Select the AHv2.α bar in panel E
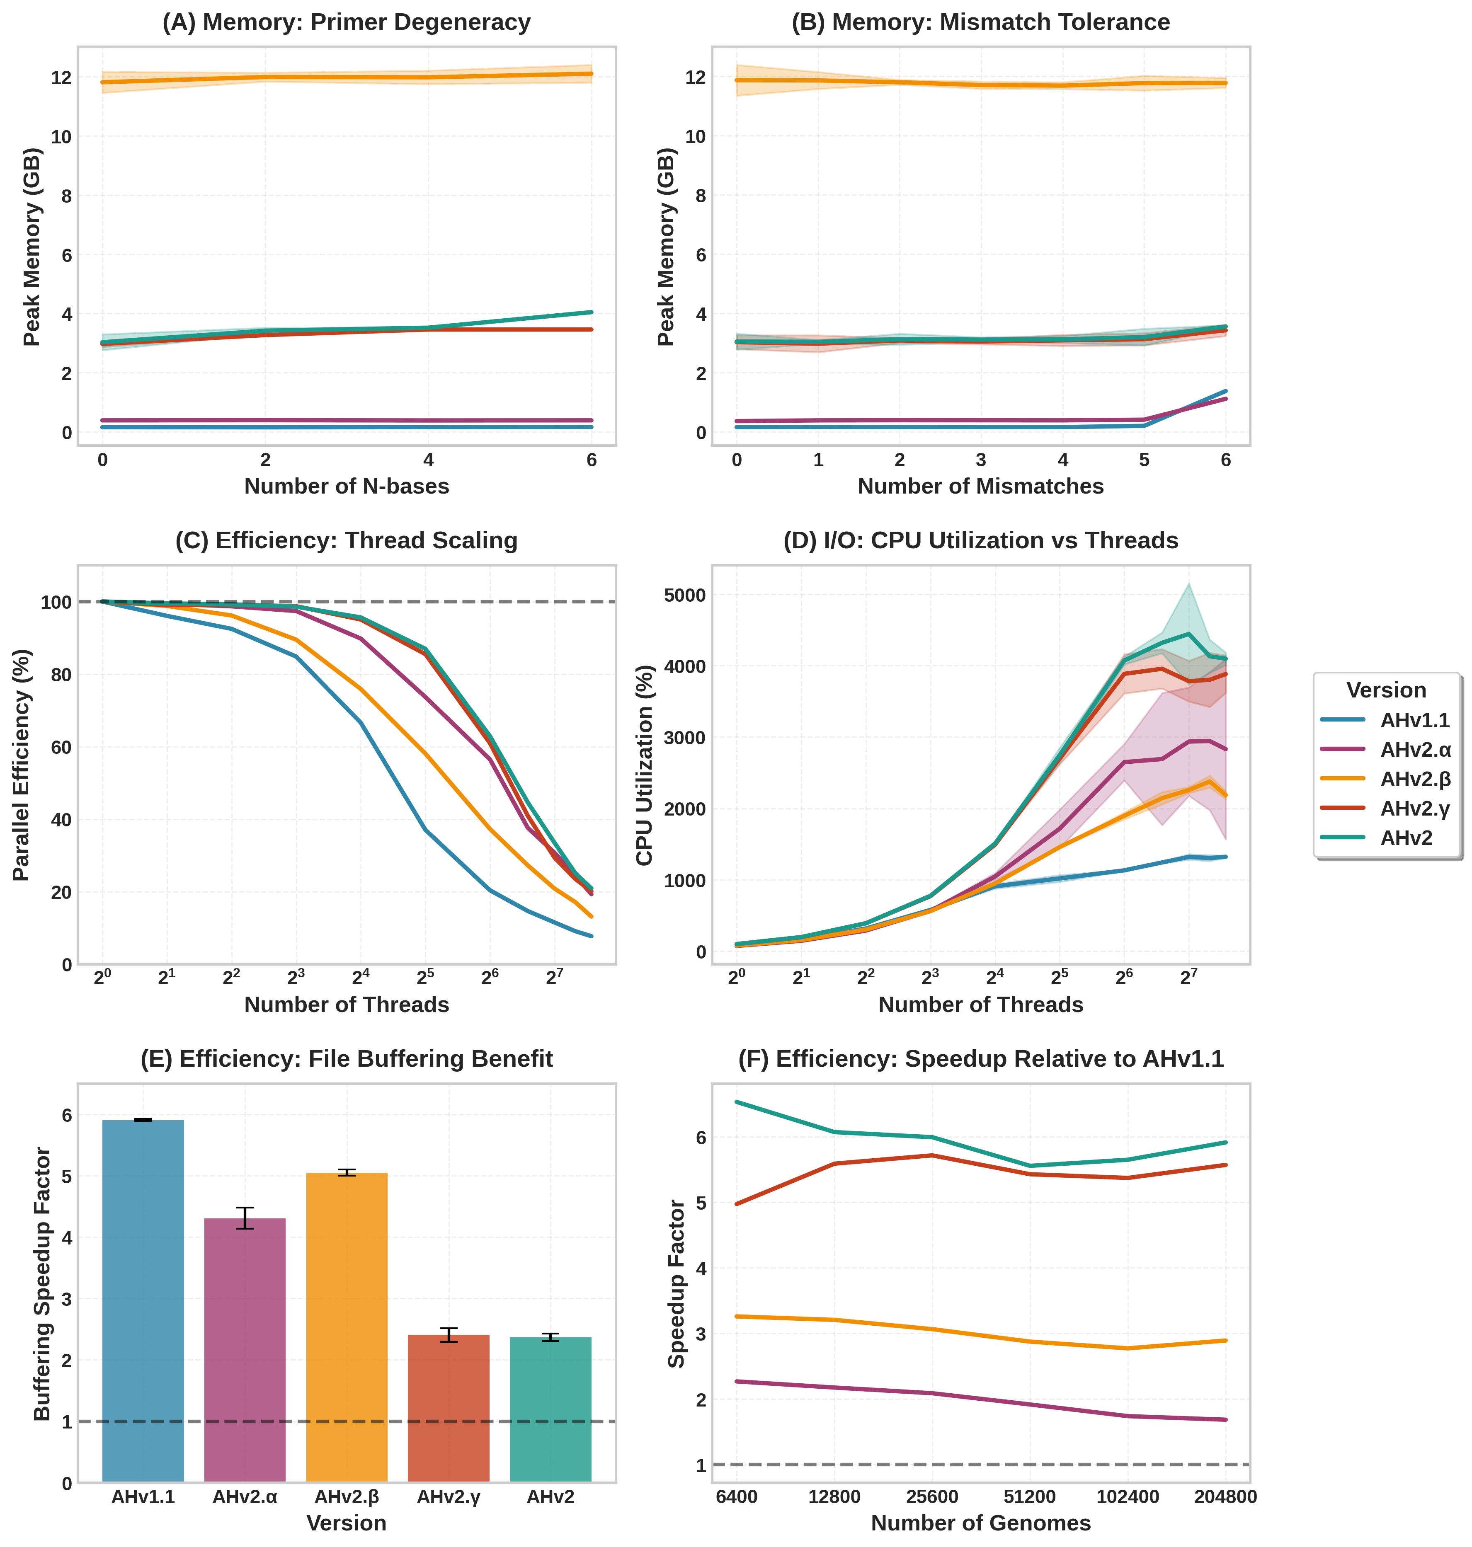click(245, 1349)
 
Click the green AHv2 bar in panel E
click(550, 1410)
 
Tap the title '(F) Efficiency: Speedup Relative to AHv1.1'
click(981, 1059)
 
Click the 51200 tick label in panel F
click(1029, 1497)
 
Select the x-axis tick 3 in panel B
click(981, 460)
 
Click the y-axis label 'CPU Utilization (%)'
click(645, 765)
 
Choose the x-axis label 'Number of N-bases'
click(346, 487)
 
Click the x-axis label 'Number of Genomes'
click(981, 1523)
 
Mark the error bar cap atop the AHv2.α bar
click(245, 1208)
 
